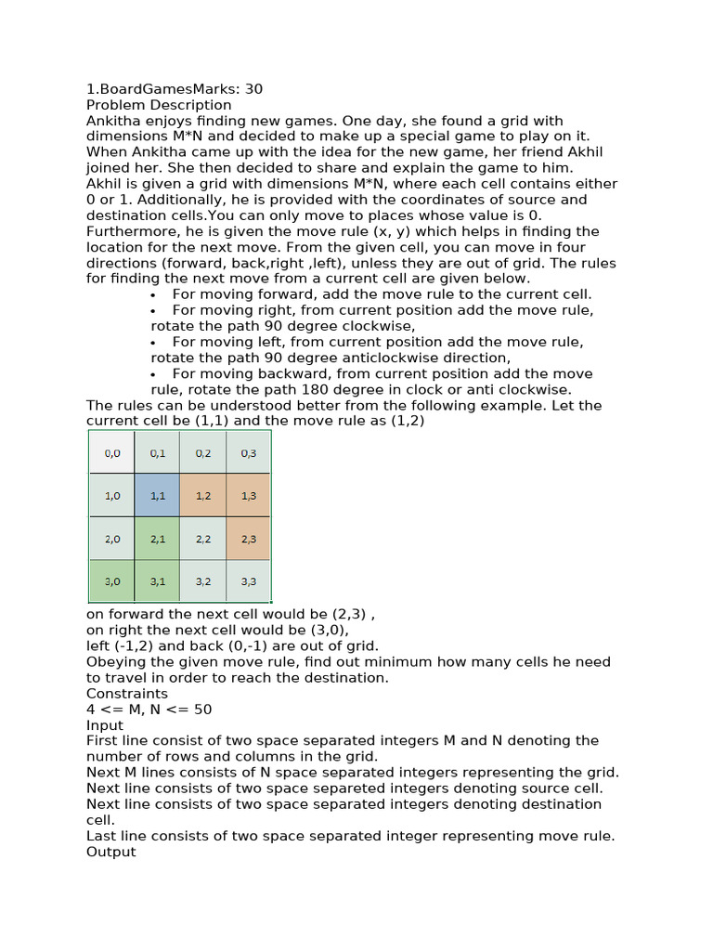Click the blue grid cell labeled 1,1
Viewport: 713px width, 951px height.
157,495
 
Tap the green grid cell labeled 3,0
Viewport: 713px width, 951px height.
111,580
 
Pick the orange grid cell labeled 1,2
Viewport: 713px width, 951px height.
202,495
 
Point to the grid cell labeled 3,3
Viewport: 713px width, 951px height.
248,580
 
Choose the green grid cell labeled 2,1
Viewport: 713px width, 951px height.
157,538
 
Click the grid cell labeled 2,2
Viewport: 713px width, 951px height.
202,538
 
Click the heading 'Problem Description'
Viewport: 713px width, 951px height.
159,105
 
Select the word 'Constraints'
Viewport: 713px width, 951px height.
127,694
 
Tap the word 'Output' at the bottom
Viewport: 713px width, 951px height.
110,852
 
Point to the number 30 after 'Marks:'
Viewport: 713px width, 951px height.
253,89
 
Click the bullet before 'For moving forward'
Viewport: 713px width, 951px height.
152,294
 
